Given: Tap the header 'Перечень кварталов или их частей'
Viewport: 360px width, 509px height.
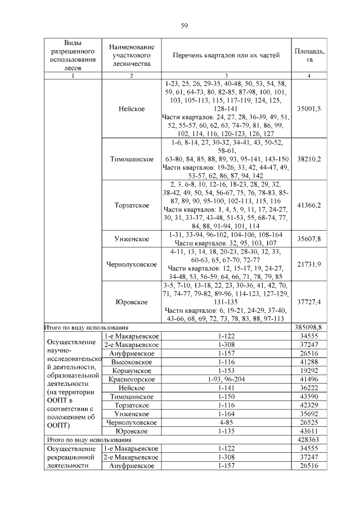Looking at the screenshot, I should pos(226,55).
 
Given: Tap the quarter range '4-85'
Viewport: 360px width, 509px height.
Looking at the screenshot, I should pos(226,421).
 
